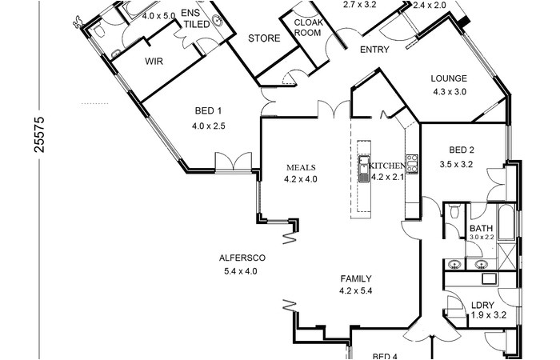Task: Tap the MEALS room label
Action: tap(302, 167)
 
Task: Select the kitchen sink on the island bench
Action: tap(362, 169)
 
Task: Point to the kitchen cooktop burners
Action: tap(412, 163)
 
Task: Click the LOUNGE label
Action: tap(448, 78)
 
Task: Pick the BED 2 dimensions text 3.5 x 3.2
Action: tap(457, 165)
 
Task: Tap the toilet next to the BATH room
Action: tap(454, 212)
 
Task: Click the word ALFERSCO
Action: tap(242, 258)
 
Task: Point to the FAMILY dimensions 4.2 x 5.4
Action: tap(355, 291)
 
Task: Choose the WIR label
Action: tap(154, 60)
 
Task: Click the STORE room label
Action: tap(263, 38)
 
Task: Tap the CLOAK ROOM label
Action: tap(308, 28)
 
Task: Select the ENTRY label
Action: tap(374, 50)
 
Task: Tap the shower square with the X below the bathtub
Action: tap(506, 255)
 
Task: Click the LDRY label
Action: tap(482, 305)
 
